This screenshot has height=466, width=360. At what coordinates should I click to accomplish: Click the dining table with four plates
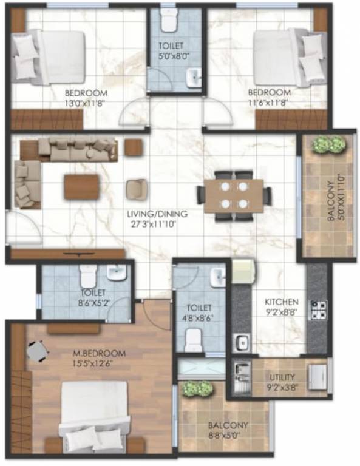(x=234, y=195)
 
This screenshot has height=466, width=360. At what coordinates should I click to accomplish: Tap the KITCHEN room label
(x=281, y=302)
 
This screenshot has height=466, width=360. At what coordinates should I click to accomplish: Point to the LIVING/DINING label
(x=157, y=214)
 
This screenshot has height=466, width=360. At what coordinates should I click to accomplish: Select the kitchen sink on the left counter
(x=242, y=342)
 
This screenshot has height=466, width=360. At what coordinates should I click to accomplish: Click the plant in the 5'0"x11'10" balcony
(x=328, y=144)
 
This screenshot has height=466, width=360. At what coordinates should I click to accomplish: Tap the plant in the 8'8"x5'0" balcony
(x=193, y=388)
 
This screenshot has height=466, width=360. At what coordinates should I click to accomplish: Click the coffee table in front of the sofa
(x=81, y=186)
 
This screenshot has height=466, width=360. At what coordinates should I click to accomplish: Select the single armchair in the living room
(x=136, y=189)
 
